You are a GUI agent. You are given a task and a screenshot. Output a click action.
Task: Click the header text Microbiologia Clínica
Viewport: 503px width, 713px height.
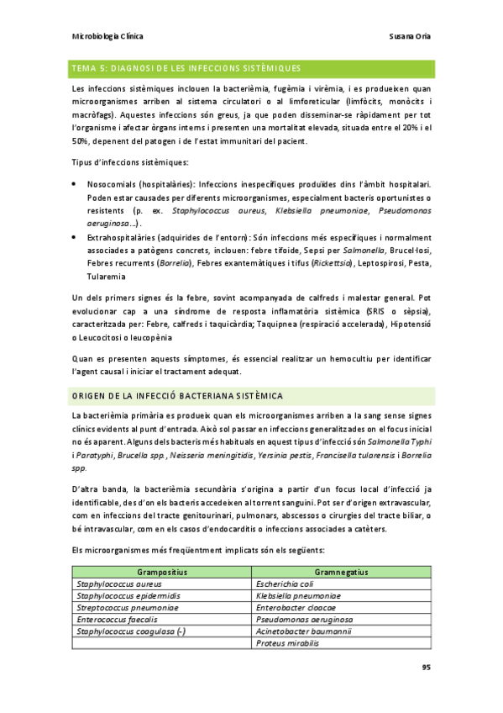(x=108, y=37)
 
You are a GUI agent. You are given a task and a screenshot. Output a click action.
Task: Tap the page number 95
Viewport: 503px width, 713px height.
(x=427, y=667)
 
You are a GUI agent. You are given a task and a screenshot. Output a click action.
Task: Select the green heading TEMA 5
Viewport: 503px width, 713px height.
(x=186, y=67)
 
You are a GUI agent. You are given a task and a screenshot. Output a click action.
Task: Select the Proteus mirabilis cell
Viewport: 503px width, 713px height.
(x=287, y=642)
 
